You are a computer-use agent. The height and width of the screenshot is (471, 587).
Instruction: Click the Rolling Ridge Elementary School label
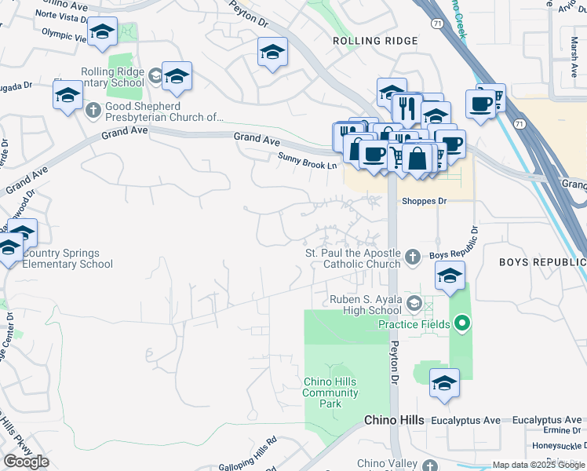(113, 78)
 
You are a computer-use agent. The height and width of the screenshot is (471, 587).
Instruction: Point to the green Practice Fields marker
(462, 323)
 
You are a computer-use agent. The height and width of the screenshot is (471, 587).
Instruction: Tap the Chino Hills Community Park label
(330, 392)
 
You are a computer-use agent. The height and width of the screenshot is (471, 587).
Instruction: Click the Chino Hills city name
(399, 421)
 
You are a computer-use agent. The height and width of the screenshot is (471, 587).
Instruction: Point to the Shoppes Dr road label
(424, 201)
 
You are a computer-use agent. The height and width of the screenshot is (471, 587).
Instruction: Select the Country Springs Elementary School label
(67, 258)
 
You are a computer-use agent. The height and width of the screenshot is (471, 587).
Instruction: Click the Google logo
(26, 461)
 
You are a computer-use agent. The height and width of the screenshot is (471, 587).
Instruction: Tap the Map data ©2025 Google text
(538, 465)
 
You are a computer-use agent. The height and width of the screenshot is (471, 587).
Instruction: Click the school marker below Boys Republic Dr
(450, 276)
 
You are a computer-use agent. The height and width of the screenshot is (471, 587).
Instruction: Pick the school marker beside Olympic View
(102, 32)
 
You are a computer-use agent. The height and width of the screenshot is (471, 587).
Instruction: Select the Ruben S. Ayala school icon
(414, 304)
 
